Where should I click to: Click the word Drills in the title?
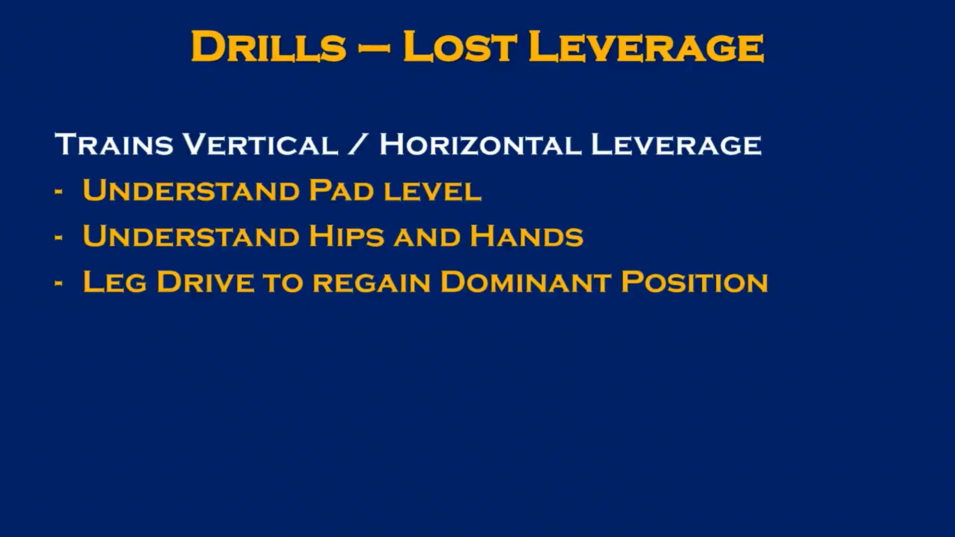(x=269, y=47)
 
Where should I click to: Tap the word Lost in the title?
(x=460, y=47)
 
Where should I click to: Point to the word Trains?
(x=114, y=144)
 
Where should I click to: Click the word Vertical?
(x=261, y=144)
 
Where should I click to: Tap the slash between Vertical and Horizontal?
(x=358, y=144)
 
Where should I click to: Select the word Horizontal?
(x=480, y=144)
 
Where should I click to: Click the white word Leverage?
(x=676, y=144)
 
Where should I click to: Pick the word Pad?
(x=341, y=190)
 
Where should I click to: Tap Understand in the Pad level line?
(x=191, y=190)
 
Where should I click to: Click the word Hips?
(x=347, y=236)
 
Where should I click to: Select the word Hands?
(x=526, y=236)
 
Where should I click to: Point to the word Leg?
(x=115, y=282)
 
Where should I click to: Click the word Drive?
(x=205, y=282)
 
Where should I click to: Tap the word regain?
(x=372, y=283)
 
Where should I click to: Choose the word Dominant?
(x=526, y=282)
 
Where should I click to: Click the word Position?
(x=695, y=282)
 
